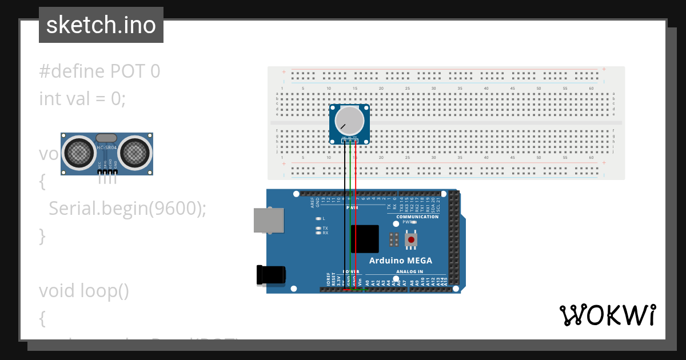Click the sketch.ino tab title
[101, 25]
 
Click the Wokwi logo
[607, 315]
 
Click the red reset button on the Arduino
[410, 239]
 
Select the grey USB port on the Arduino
[269, 220]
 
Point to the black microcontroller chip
[365, 239]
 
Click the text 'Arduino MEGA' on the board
[400, 261]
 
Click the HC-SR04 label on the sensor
[107, 147]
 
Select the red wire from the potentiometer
[356, 217]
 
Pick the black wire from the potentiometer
[344, 217]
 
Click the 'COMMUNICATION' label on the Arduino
[417, 217]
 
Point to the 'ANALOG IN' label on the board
[409, 271]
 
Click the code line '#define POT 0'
[99, 71]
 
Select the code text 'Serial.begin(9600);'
[127, 209]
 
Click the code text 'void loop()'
[83, 291]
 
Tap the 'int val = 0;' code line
[82, 99]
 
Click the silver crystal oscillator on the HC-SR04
[106, 138]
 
